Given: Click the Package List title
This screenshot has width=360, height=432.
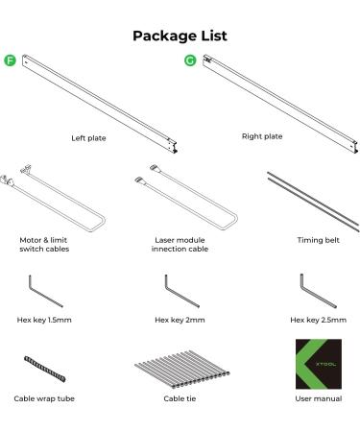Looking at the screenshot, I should click(180, 36).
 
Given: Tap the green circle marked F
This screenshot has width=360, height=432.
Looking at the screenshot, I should click(10, 62).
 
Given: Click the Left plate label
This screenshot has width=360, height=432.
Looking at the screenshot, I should click(88, 138).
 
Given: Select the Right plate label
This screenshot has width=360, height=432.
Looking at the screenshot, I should click(262, 136).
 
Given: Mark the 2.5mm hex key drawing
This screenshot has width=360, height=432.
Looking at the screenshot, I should click(309, 289).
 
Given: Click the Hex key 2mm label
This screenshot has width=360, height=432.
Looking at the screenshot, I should click(179, 320).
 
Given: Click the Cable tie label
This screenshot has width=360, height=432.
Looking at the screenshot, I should click(180, 397).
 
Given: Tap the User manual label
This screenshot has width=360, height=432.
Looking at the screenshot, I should click(317, 397).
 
